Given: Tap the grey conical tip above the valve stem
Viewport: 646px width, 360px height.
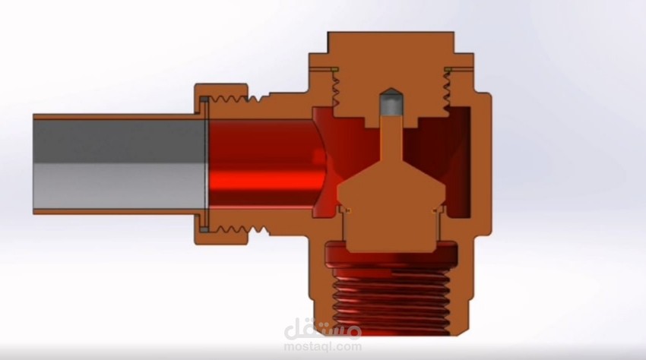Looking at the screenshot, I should pyautogui.click(x=389, y=104).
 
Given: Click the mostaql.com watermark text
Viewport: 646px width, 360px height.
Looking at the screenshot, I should pyautogui.click(x=323, y=347).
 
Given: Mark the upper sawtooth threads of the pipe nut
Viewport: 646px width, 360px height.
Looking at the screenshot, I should pyautogui.click(x=230, y=98).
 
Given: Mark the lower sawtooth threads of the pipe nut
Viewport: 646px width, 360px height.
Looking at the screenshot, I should pyautogui.click(x=230, y=229).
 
